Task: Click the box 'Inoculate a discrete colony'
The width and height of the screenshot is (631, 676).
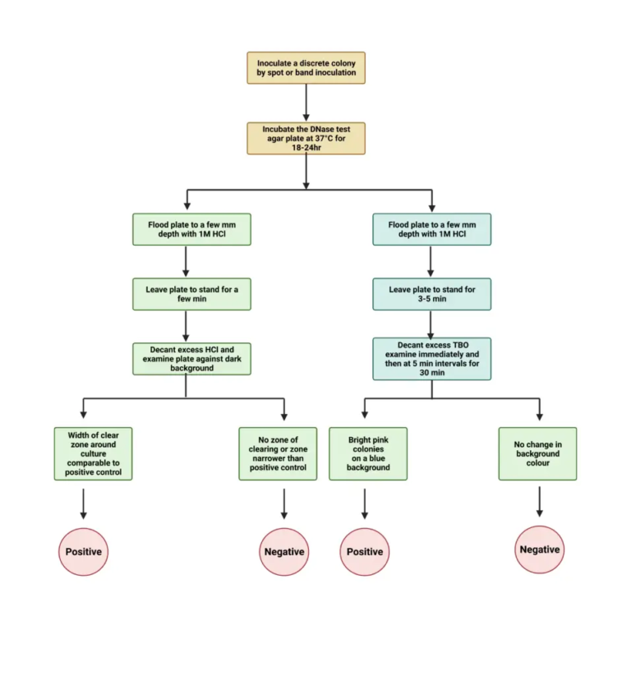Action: [306, 67]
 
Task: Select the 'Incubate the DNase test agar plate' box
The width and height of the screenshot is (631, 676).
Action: [306, 138]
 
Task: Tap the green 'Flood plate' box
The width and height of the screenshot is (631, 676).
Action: [191, 229]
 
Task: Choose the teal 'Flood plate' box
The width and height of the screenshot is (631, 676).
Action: [431, 229]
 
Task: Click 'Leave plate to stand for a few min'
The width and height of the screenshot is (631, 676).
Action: [191, 294]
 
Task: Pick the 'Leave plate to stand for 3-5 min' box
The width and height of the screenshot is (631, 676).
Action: [431, 294]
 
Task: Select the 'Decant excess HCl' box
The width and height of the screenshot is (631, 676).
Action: [191, 358]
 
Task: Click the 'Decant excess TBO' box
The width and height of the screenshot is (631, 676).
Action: [431, 358]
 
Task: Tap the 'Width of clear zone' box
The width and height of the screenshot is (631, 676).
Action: [93, 453]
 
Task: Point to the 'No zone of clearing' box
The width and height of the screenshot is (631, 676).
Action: [283, 453]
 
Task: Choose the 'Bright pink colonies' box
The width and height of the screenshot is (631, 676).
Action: [364, 453]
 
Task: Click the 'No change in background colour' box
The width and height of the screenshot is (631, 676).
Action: [537, 453]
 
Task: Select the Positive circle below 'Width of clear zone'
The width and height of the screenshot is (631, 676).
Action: [83, 551]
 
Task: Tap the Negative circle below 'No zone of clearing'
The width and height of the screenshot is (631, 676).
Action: [283, 552]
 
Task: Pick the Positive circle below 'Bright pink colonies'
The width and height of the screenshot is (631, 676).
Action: [365, 552]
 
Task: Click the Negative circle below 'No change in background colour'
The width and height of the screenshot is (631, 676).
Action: [540, 550]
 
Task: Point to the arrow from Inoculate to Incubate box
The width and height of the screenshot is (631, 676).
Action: [306, 102]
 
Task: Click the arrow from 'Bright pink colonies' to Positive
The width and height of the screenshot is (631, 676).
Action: [365, 503]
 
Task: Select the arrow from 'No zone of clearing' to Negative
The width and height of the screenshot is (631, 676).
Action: [283, 503]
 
